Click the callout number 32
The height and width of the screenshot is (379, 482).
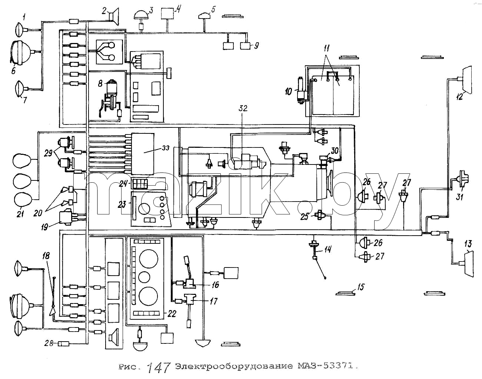tap(243, 109)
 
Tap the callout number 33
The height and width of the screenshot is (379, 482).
tap(166, 148)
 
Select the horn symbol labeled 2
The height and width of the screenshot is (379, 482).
tap(114, 16)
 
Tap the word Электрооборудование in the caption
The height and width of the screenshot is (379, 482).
tap(234, 366)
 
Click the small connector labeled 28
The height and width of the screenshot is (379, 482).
tap(64, 343)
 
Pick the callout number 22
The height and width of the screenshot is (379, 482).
tap(172, 314)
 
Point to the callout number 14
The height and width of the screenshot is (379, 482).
tap(328, 249)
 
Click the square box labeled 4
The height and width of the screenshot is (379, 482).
tap(167, 14)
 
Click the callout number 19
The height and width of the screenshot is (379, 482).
tap(44, 227)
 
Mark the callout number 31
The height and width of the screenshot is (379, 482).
tap(460, 197)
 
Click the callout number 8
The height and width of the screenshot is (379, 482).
tap(100, 84)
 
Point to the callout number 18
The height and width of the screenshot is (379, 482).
tap(46, 256)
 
